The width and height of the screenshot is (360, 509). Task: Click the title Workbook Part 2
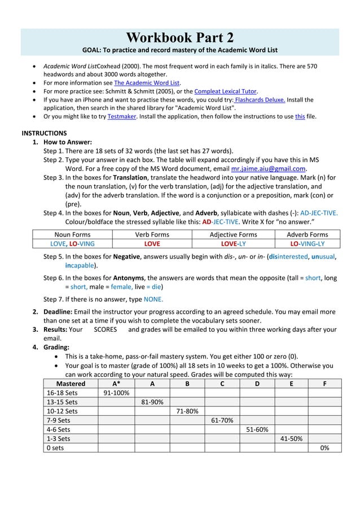[x=180, y=38]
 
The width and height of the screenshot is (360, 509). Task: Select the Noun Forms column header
[x=68, y=234]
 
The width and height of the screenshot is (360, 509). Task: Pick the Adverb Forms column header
[x=307, y=234]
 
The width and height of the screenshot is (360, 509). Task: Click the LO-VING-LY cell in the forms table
[x=307, y=244]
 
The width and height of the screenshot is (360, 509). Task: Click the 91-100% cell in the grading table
[x=116, y=393]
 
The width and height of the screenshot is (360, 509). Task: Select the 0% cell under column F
[x=324, y=447]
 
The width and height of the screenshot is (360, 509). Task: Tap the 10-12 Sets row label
[x=62, y=411]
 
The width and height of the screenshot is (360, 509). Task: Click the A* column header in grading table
[x=116, y=384]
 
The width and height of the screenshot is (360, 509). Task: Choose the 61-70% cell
[x=221, y=420]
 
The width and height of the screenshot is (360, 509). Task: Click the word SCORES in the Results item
[x=105, y=329]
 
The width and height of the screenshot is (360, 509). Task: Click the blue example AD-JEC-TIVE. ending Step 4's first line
[x=319, y=213]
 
